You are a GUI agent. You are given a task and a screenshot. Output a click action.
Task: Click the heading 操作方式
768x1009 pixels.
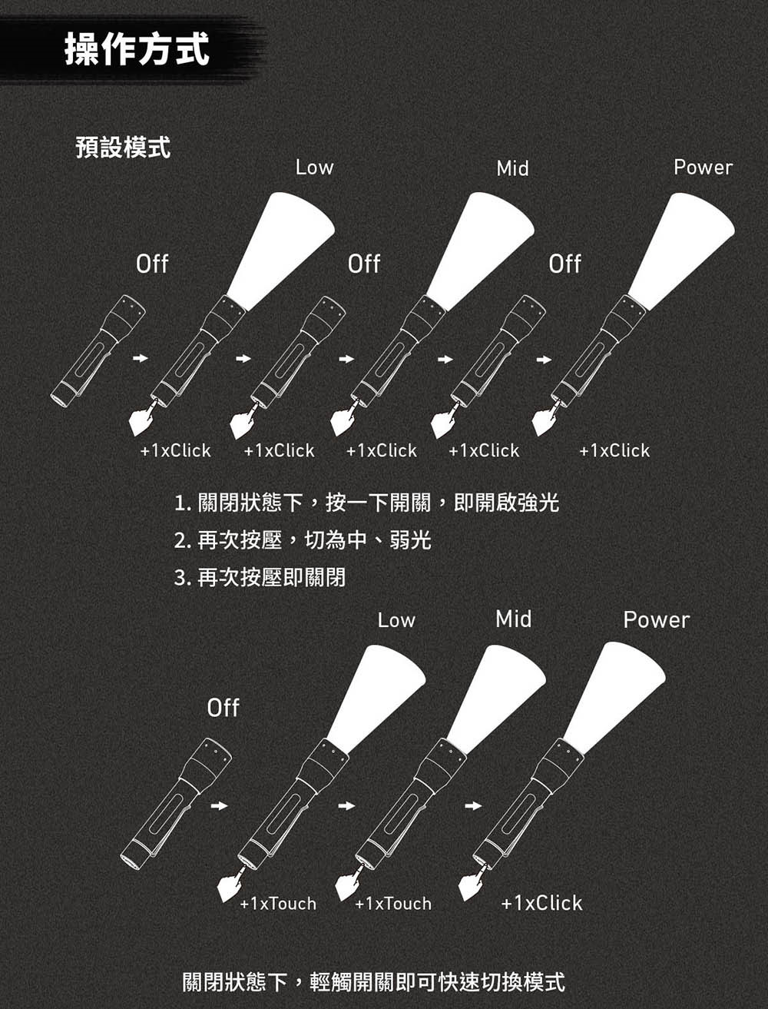137,48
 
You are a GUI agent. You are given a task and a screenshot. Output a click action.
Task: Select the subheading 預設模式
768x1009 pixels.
123,147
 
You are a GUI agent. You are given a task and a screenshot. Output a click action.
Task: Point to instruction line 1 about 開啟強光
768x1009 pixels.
366,503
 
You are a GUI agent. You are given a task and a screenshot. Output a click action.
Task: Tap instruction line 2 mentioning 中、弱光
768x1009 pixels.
303,539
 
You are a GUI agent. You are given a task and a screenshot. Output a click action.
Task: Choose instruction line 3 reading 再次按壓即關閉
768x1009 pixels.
260,577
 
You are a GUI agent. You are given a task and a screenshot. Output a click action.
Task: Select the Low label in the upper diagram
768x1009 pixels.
314,167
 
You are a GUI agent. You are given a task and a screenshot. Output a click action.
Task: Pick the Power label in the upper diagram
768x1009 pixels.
703,168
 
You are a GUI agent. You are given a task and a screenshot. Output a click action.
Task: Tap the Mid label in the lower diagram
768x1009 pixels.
514,619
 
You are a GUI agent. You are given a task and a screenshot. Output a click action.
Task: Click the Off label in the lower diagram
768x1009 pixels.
223,708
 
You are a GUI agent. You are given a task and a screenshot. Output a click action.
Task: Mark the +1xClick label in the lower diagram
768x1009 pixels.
542,903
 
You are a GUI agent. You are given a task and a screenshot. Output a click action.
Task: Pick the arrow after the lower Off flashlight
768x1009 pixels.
220,806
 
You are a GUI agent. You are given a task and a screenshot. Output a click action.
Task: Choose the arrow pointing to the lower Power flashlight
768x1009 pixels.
473,806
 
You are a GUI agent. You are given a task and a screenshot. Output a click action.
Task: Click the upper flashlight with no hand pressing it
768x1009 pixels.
98,352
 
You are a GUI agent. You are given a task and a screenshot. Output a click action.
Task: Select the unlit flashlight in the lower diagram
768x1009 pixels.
176,805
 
